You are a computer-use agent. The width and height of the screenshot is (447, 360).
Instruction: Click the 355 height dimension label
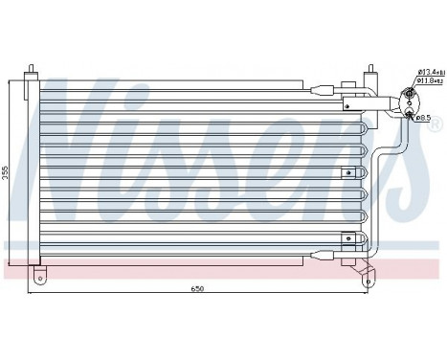pyautogui.click(x=8, y=171)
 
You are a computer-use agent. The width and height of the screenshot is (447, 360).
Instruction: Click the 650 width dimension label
pyautogui.click(x=198, y=288)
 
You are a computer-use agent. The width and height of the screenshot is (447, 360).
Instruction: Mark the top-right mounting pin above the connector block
pyautogui.click(x=368, y=70)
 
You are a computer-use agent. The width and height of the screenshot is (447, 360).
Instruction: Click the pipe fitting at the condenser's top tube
pyautogui.click(x=323, y=91)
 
